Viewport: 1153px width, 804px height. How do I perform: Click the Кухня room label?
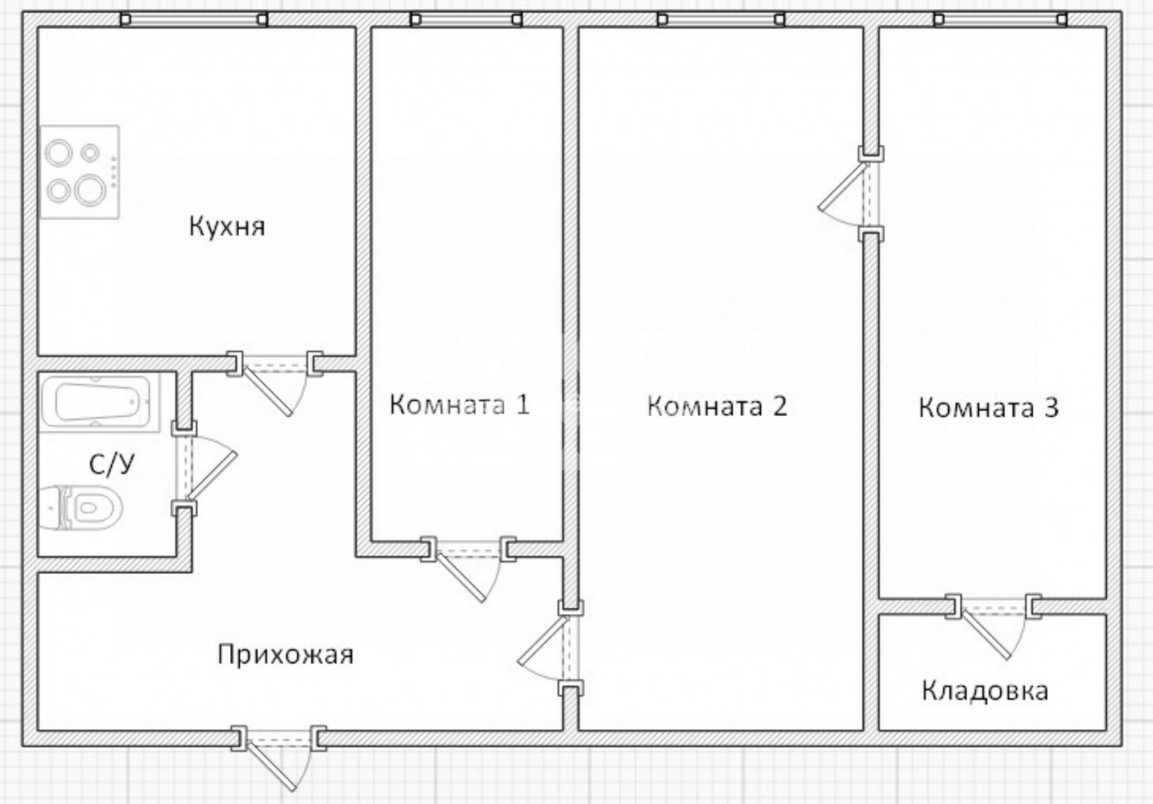(x=227, y=226)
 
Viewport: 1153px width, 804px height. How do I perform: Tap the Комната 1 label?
(x=460, y=404)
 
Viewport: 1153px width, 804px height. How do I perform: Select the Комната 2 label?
(x=717, y=406)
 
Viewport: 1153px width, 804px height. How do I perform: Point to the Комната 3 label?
(x=988, y=408)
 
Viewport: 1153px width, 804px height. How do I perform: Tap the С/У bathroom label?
(x=112, y=465)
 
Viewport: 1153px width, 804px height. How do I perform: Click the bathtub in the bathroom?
(x=100, y=402)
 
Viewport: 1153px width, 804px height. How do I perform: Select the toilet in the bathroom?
(x=81, y=508)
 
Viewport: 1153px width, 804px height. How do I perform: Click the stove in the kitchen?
(x=80, y=172)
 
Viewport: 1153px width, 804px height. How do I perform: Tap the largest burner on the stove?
(x=90, y=189)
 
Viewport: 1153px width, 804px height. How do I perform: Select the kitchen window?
(x=194, y=19)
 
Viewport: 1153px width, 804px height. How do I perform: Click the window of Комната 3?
(x=1000, y=19)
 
